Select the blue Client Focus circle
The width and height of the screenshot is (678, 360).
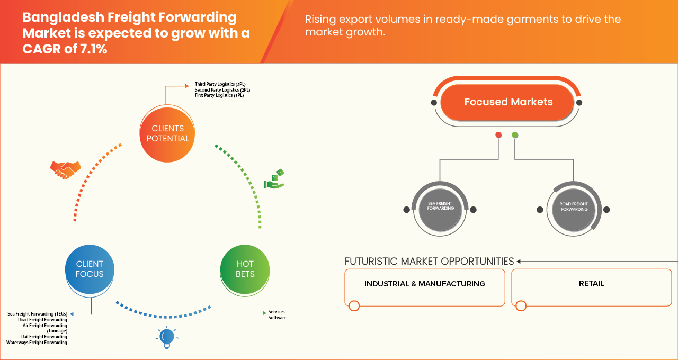(90, 269)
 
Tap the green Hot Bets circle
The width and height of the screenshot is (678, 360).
(245, 269)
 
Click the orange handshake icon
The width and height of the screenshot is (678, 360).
(65, 169)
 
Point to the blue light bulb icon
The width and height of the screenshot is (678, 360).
(167, 337)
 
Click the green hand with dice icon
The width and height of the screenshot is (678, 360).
(274, 179)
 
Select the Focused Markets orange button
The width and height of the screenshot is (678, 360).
(508, 102)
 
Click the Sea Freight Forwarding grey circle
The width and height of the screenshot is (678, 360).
(440, 208)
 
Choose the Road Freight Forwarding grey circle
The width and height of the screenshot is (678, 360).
(574, 208)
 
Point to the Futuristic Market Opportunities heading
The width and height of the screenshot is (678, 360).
(429, 262)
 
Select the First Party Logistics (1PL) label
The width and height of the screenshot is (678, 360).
(219, 95)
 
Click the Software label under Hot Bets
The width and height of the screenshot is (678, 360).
(277, 318)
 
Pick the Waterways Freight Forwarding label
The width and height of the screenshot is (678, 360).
(37, 343)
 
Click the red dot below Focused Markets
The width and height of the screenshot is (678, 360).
(498, 135)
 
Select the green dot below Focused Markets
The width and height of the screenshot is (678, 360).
(515, 135)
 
